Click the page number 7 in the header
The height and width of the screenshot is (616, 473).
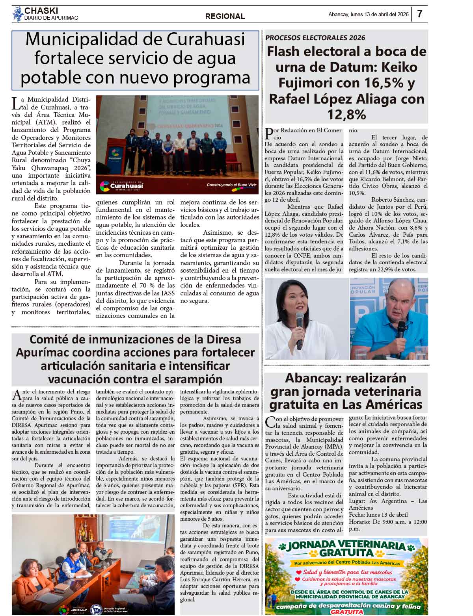pyautogui.click(x=419, y=14)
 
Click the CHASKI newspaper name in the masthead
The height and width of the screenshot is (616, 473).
pyautogui.click(x=41, y=11)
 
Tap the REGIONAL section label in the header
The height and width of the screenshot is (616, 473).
pyautogui.click(x=225, y=16)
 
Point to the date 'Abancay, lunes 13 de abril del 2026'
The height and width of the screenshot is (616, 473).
pyautogui.click(x=368, y=15)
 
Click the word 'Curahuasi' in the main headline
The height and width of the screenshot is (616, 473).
pyautogui.click(x=206, y=39)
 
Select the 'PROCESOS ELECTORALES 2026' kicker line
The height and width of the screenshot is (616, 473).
pyautogui.click(x=315, y=38)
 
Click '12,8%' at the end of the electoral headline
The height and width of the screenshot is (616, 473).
pyautogui.click(x=346, y=115)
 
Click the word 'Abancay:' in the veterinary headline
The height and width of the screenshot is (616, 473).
pyautogui.click(x=312, y=378)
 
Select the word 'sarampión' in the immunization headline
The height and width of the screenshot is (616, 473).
pyautogui.click(x=191, y=379)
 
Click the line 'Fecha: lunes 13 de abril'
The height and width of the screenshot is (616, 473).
pyautogui.click(x=378, y=515)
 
